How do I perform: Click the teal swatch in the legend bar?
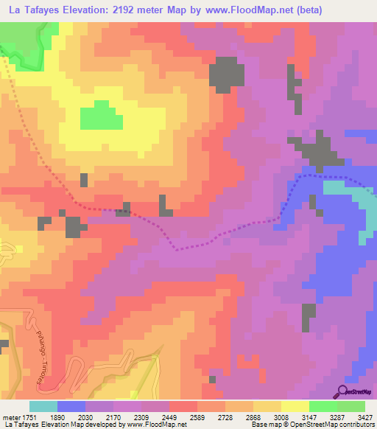click(x=43, y=406)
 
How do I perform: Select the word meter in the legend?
click(x=10, y=417)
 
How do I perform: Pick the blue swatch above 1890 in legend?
click(x=71, y=406)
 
